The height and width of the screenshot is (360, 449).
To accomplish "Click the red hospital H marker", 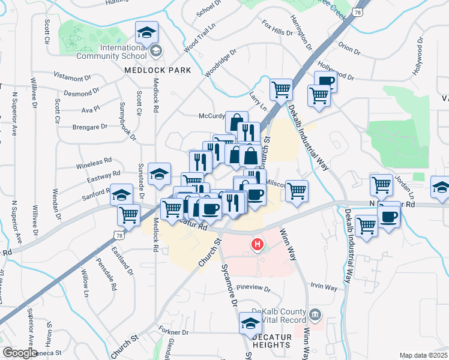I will point(258,245).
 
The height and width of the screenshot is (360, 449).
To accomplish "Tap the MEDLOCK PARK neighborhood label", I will point(157,70).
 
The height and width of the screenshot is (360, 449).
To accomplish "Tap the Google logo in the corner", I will point(20,353).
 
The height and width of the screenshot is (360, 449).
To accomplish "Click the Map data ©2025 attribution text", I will point(424,355).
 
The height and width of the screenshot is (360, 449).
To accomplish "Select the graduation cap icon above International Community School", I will point(146,32).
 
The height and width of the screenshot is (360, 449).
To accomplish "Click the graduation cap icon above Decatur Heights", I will point(250,323).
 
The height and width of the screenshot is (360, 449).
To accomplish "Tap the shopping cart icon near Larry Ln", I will point(280,90).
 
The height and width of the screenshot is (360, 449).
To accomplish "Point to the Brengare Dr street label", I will point(90,127).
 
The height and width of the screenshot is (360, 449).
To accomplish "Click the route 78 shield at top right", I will point(358,13).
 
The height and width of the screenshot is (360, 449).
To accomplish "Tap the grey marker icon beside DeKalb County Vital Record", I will point(315,314).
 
